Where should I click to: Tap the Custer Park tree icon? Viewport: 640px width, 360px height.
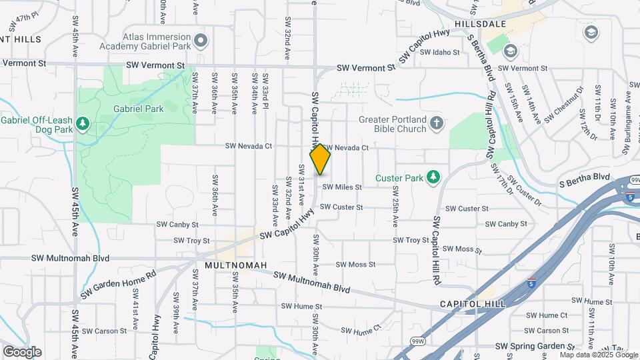[x=433, y=176]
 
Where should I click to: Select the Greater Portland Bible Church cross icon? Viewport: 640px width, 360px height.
[x=437, y=123]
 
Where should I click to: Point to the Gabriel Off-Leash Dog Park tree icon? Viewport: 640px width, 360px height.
[x=83, y=124]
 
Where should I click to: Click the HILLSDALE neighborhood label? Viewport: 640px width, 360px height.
[x=480, y=24]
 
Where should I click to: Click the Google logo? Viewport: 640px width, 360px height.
[x=22, y=351]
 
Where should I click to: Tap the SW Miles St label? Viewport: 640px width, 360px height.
[x=341, y=187]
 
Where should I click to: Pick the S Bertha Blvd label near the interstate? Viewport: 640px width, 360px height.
[x=584, y=177]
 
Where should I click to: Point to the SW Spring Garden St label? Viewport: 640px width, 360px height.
[x=535, y=347]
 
